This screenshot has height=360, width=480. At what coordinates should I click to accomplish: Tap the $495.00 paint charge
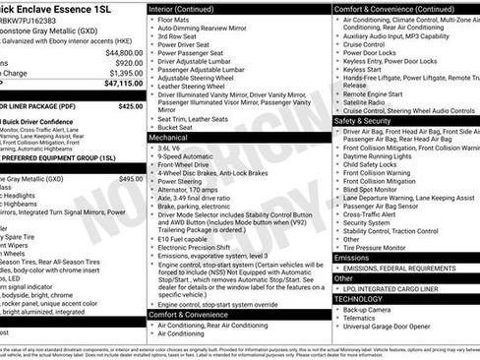(x=130, y=179)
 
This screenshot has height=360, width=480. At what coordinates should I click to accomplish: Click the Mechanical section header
(x=169, y=139)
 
